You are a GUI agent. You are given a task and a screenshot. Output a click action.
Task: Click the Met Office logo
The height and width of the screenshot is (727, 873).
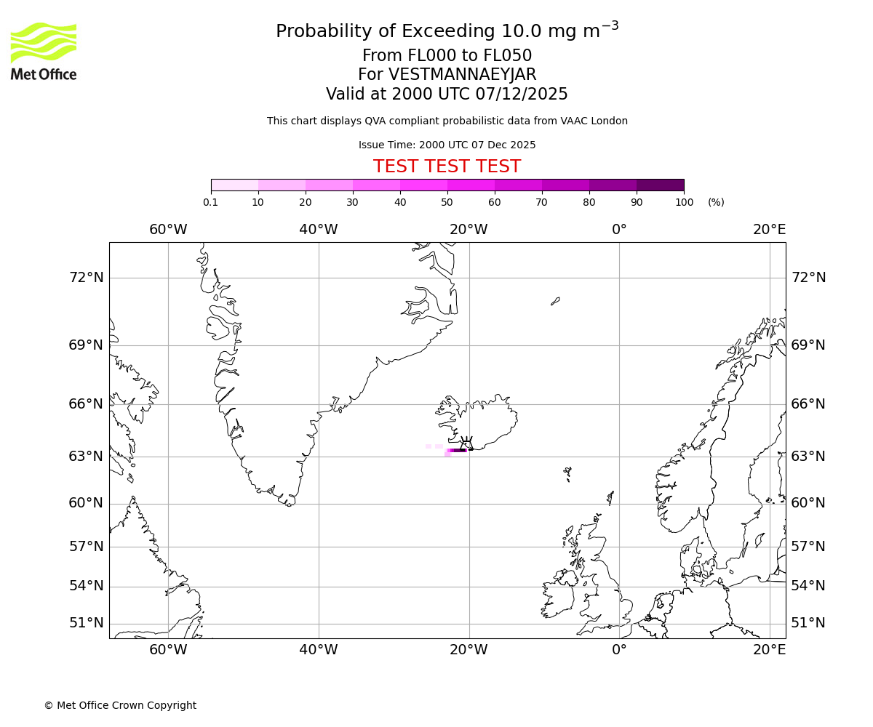(44, 51)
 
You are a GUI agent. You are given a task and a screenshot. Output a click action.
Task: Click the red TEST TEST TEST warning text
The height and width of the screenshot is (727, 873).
(447, 166)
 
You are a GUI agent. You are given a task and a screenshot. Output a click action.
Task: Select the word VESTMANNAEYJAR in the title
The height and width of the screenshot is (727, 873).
(463, 75)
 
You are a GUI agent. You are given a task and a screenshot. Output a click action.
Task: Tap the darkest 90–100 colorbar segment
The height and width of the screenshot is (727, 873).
(660, 185)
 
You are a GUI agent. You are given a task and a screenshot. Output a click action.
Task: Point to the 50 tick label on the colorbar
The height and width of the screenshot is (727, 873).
(447, 202)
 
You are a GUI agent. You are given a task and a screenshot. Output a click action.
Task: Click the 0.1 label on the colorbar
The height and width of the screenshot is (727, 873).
(211, 202)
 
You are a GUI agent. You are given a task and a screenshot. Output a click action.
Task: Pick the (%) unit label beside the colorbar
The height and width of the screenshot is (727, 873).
(716, 202)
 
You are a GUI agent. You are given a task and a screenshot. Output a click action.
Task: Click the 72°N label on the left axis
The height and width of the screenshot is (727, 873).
(86, 278)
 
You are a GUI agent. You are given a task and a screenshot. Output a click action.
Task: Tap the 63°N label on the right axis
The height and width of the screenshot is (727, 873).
(808, 457)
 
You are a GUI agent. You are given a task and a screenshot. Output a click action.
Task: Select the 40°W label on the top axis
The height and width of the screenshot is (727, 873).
(319, 230)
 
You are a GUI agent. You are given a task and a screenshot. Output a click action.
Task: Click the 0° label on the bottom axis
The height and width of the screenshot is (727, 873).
(619, 650)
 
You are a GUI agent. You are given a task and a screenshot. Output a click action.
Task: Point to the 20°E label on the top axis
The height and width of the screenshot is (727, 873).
(769, 230)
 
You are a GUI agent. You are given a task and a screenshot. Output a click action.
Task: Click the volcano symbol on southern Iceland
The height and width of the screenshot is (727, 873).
(466, 443)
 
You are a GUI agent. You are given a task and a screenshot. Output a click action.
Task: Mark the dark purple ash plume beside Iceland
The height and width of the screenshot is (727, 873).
(458, 451)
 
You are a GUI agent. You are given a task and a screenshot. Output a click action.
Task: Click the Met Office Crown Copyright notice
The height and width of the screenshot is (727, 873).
(120, 705)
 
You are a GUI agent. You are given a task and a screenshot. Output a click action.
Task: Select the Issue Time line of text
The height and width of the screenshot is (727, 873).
(447, 145)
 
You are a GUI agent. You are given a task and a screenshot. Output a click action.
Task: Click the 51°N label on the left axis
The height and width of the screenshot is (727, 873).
(86, 623)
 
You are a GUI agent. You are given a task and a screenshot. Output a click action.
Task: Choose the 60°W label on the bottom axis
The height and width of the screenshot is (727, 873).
(168, 650)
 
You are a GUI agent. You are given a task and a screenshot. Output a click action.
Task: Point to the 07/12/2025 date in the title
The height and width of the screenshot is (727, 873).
(522, 94)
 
